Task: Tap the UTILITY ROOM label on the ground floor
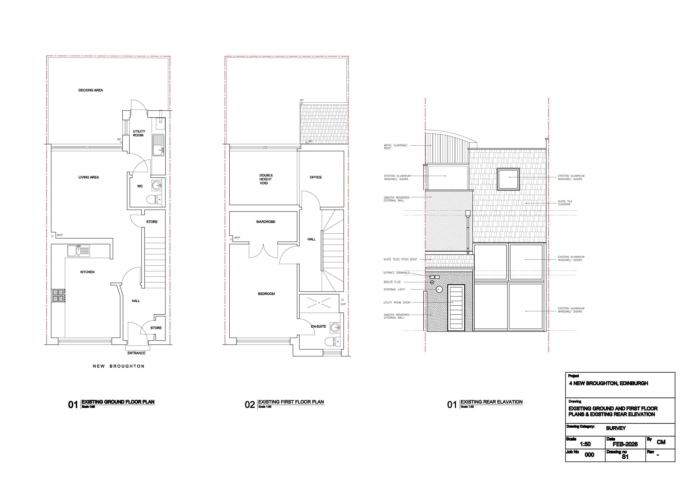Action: click(x=139, y=133)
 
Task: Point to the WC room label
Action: click(x=140, y=186)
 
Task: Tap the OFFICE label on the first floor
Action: click(x=316, y=177)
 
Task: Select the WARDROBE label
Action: click(x=266, y=222)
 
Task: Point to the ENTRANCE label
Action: click(x=136, y=353)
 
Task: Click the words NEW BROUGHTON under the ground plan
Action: click(x=118, y=366)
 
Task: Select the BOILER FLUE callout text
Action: click(x=392, y=282)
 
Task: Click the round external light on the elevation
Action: click(x=439, y=289)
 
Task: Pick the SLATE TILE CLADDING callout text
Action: click(x=565, y=203)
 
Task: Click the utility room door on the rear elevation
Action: click(x=456, y=308)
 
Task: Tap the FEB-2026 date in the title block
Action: click(x=625, y=444)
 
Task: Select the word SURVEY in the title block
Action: click(x=616, y=428)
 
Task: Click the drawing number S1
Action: click(x=625, y=457)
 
